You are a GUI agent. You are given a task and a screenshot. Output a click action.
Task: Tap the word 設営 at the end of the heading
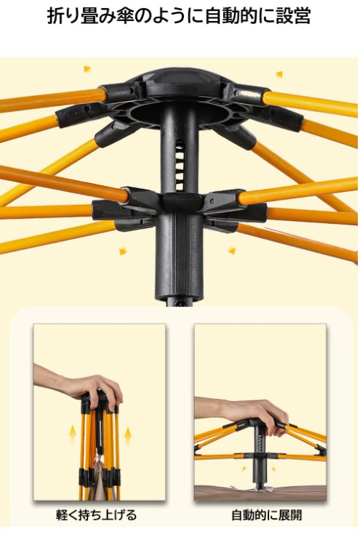click(x=294, y=16)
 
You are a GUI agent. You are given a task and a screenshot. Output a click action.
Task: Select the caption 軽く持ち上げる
click(x=96, y=514)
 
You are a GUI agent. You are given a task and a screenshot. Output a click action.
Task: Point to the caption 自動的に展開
click(x=267, y=514)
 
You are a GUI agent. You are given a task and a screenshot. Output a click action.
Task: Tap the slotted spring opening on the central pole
click(x=180, y=166)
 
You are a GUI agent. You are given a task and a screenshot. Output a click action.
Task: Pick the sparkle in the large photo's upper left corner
click(x=87, y=69)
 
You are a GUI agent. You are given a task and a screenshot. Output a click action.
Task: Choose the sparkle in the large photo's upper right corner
click(x=280, y=74)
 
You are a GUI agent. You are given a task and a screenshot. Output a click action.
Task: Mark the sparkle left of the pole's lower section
click(x=123, y=251)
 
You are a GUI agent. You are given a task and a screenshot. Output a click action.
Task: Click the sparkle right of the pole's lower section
click(x=232, y=251)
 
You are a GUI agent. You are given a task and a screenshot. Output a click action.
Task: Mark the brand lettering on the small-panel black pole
click(x=259, y=443)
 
